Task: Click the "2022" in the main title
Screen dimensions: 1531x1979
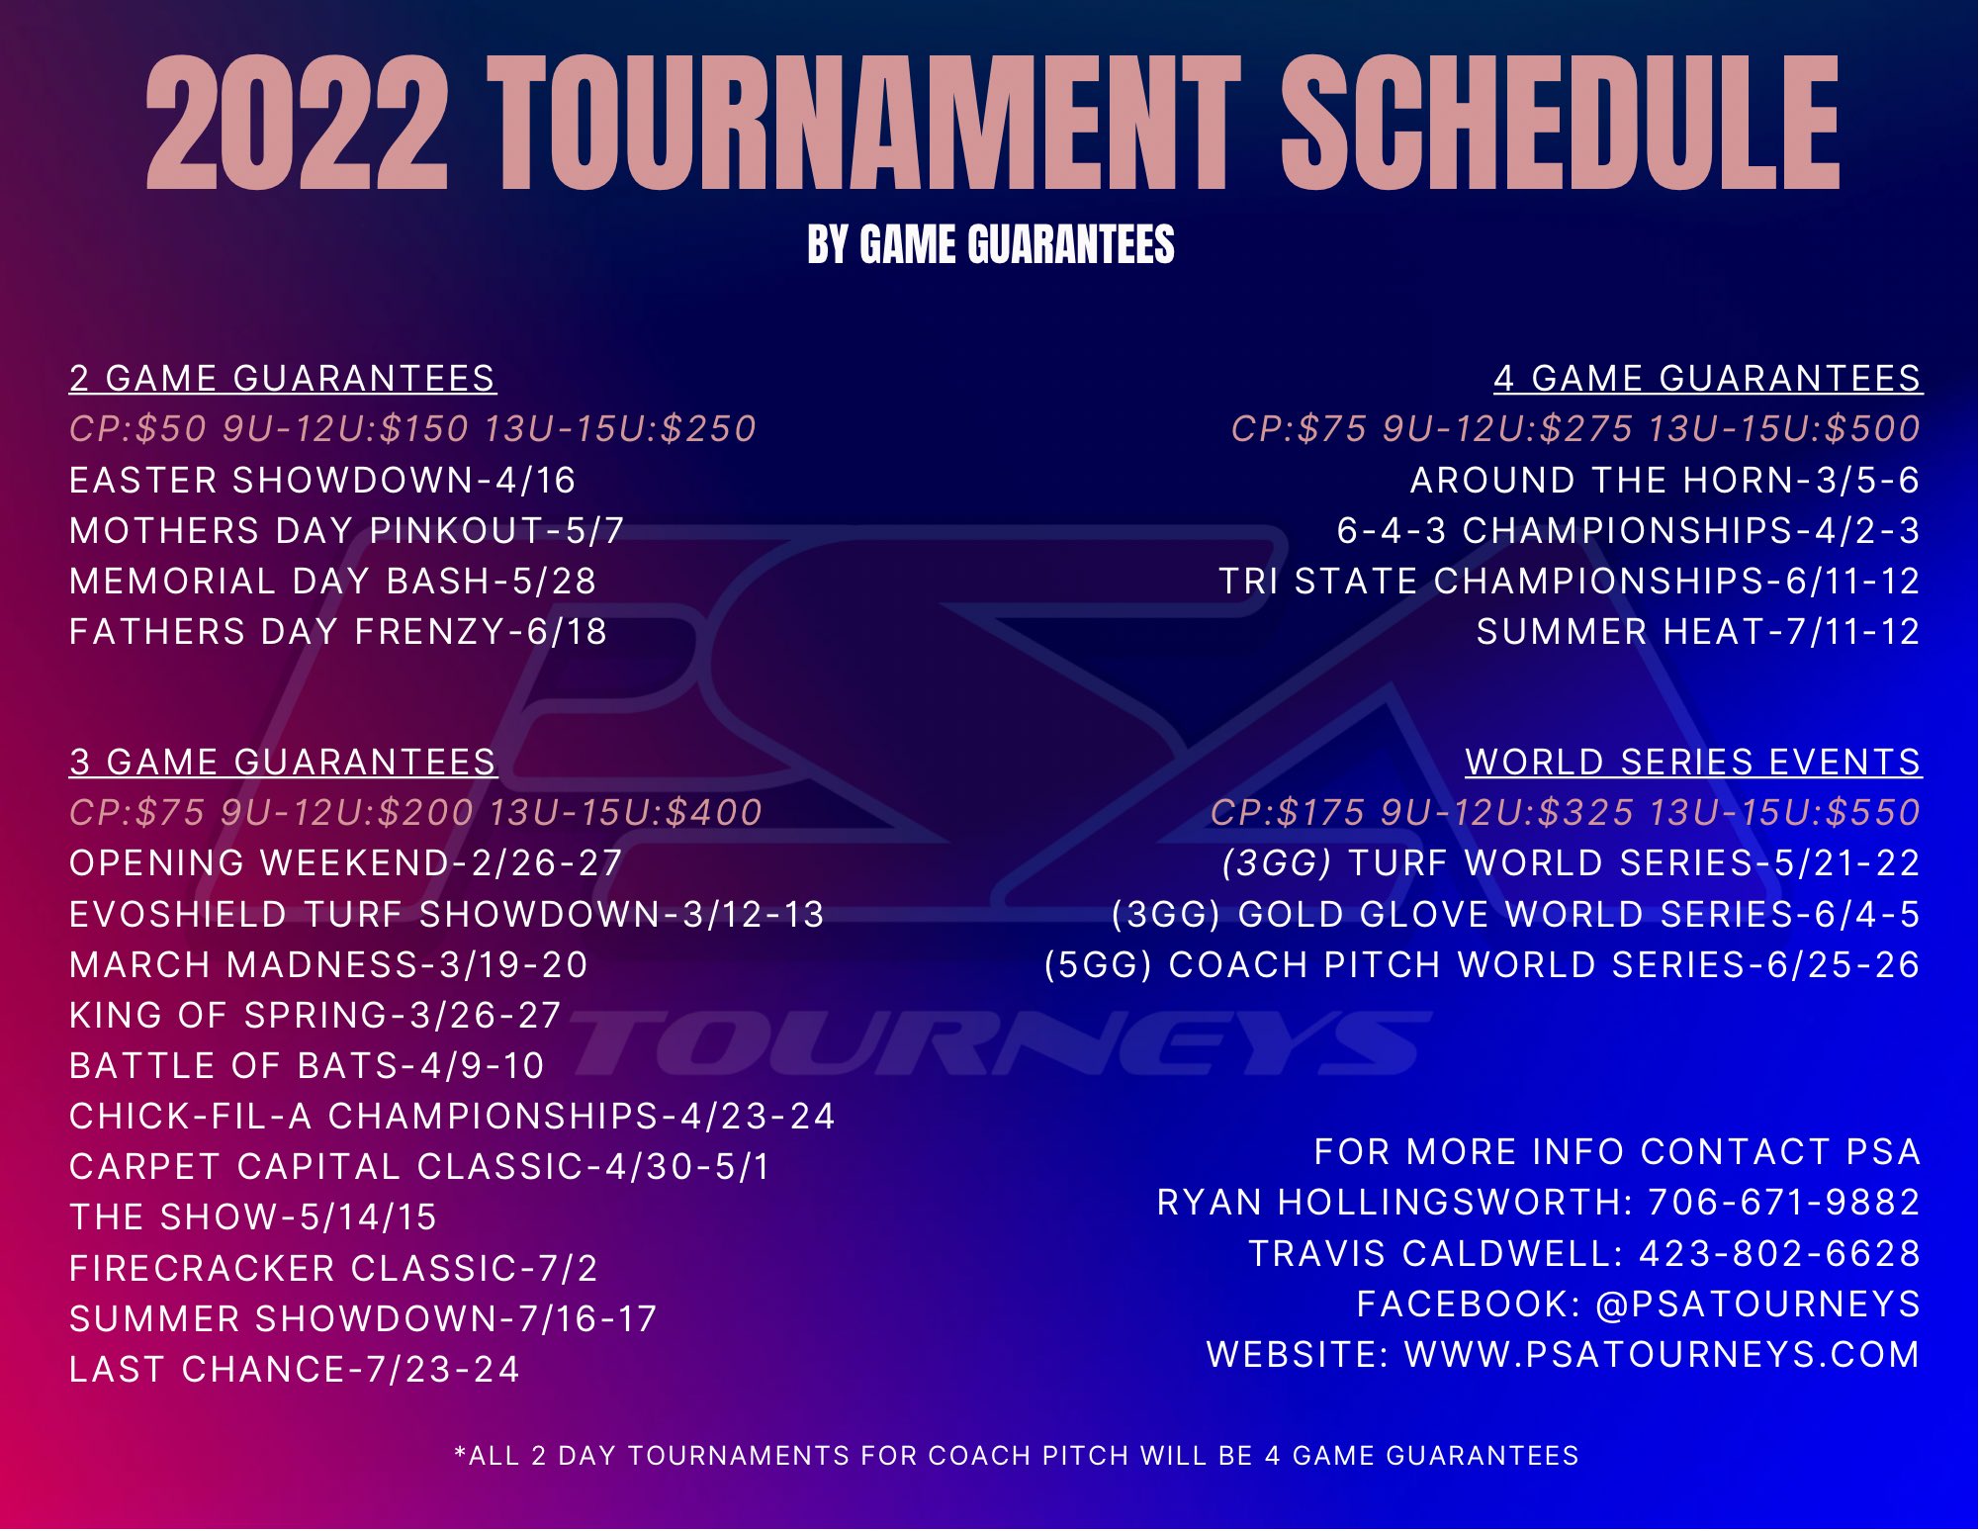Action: click(297, 124)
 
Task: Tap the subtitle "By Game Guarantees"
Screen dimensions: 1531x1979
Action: click(990, 245)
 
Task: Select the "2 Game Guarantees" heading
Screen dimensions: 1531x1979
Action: click(282, 379)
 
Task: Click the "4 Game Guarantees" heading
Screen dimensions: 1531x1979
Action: click(1707, 379)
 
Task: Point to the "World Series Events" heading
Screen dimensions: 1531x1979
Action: click(1692, 763)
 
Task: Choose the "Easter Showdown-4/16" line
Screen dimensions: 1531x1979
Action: click(322, 481)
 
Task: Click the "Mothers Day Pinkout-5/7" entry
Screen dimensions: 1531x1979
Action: click(346, 531)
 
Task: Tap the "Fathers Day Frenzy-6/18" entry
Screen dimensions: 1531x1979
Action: click(338, 632)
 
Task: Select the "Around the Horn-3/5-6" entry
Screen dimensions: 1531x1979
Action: click(1664, 481)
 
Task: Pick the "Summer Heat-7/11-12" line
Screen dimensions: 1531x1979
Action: click(1697, 632)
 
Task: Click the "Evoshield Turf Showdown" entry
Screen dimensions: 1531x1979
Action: click(446, 915)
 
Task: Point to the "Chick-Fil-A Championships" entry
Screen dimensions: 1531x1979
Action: click(452, 1117)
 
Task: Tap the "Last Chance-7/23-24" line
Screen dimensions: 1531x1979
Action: click(295, 1370)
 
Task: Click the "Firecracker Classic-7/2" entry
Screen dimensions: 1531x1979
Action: click(333, 1269)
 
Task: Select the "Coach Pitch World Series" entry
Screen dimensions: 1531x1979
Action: click(1482, 965)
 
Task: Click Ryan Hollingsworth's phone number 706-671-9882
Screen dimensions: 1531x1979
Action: click(1783, 1203)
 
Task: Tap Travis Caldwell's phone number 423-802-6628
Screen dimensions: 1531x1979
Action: click(1779, 1254)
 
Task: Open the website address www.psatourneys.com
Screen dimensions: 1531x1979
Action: click(1662, 1355)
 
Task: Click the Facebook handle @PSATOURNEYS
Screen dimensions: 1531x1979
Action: click(1757, 1305)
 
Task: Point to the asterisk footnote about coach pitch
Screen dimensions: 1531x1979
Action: click(1016, 1456)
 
